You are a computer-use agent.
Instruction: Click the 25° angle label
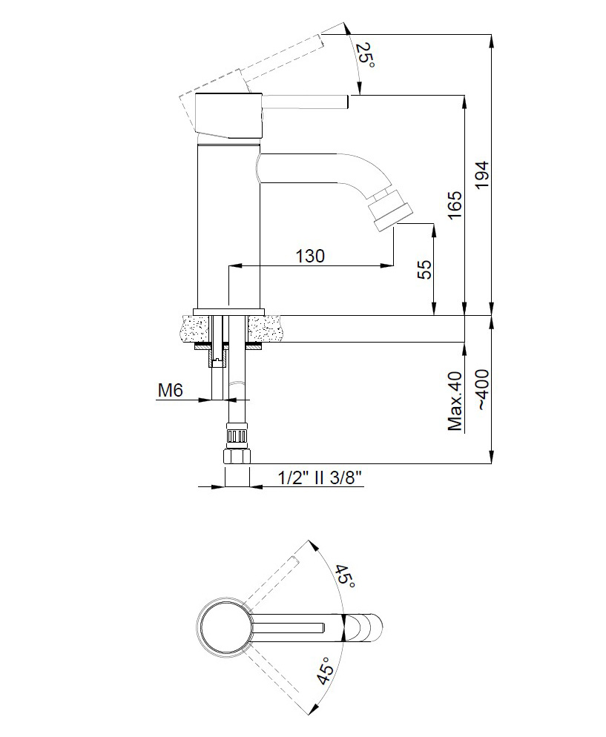click(x=365, y=55)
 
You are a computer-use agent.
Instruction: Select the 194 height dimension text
click(x=482, y=175)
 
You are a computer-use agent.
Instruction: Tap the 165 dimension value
click(x=455, y=205)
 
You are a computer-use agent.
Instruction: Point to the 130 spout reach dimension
click(x=310, y=256)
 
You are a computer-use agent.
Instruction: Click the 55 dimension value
click(x=425, y=270)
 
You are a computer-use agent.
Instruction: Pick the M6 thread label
click(x=170, y=390)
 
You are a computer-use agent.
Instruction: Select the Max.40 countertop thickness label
click(x=455, y=400)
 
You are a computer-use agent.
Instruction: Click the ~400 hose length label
click(x=483, y=390)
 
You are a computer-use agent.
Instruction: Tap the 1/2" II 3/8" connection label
click(x=320, y=478)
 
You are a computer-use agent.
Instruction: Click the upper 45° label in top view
click(x=345, y=576)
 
